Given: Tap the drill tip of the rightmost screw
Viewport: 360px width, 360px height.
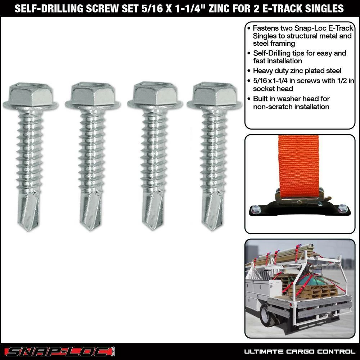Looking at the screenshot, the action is [x=212, y=212].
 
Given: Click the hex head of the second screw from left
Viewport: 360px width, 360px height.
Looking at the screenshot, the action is [x=93, y=94].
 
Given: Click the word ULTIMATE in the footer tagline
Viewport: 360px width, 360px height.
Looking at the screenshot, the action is [x=264, y=351].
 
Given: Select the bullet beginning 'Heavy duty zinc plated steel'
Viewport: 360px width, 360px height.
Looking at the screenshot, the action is [x=294, y=71].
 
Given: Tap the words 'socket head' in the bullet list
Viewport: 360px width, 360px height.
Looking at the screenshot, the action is [x=273, y=89].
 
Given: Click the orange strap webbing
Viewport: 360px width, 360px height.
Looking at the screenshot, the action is [x=298, y=166].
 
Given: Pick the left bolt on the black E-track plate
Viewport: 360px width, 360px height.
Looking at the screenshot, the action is [x=256, y=209].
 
